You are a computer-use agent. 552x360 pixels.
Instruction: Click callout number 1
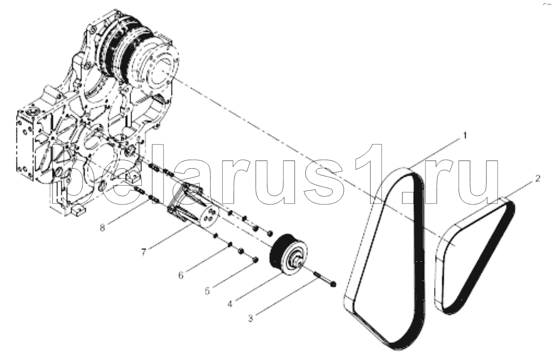(465, 136)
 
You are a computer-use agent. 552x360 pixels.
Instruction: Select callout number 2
(538, 179)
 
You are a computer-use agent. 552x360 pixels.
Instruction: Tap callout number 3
(251, 318)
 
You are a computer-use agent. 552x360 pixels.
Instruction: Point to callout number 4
(230, 304)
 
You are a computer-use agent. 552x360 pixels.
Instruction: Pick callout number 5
(207, 291)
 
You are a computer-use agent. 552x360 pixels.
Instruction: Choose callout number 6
(181, 275)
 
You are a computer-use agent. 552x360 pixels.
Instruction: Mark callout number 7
(144, 252)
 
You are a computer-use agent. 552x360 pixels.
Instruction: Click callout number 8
(102, 228)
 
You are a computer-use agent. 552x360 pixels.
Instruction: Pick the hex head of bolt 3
(333, 285)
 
